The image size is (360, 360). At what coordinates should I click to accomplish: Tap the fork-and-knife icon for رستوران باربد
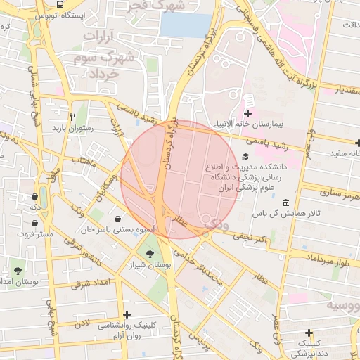click(x=72, y=117)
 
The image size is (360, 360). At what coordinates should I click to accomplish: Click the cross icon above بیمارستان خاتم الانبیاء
click(x=247, y=113)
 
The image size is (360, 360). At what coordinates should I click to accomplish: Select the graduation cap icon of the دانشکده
click(x=245, y=156)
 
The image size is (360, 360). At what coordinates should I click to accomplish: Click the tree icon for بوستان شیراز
click(x=148, y=255)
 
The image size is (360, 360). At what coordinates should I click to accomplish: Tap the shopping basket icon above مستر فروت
click(x=34, y=223)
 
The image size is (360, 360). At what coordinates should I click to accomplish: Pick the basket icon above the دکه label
click(x=34, y=196)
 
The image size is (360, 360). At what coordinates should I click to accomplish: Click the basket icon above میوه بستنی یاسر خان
click(x=127, y=217)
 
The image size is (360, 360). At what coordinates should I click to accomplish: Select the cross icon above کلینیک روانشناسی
click(x=127, y=314)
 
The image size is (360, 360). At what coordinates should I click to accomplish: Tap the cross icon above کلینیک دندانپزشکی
click(x=308, y=332)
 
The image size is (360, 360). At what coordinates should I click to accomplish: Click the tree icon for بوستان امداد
click(x=18, y=270)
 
